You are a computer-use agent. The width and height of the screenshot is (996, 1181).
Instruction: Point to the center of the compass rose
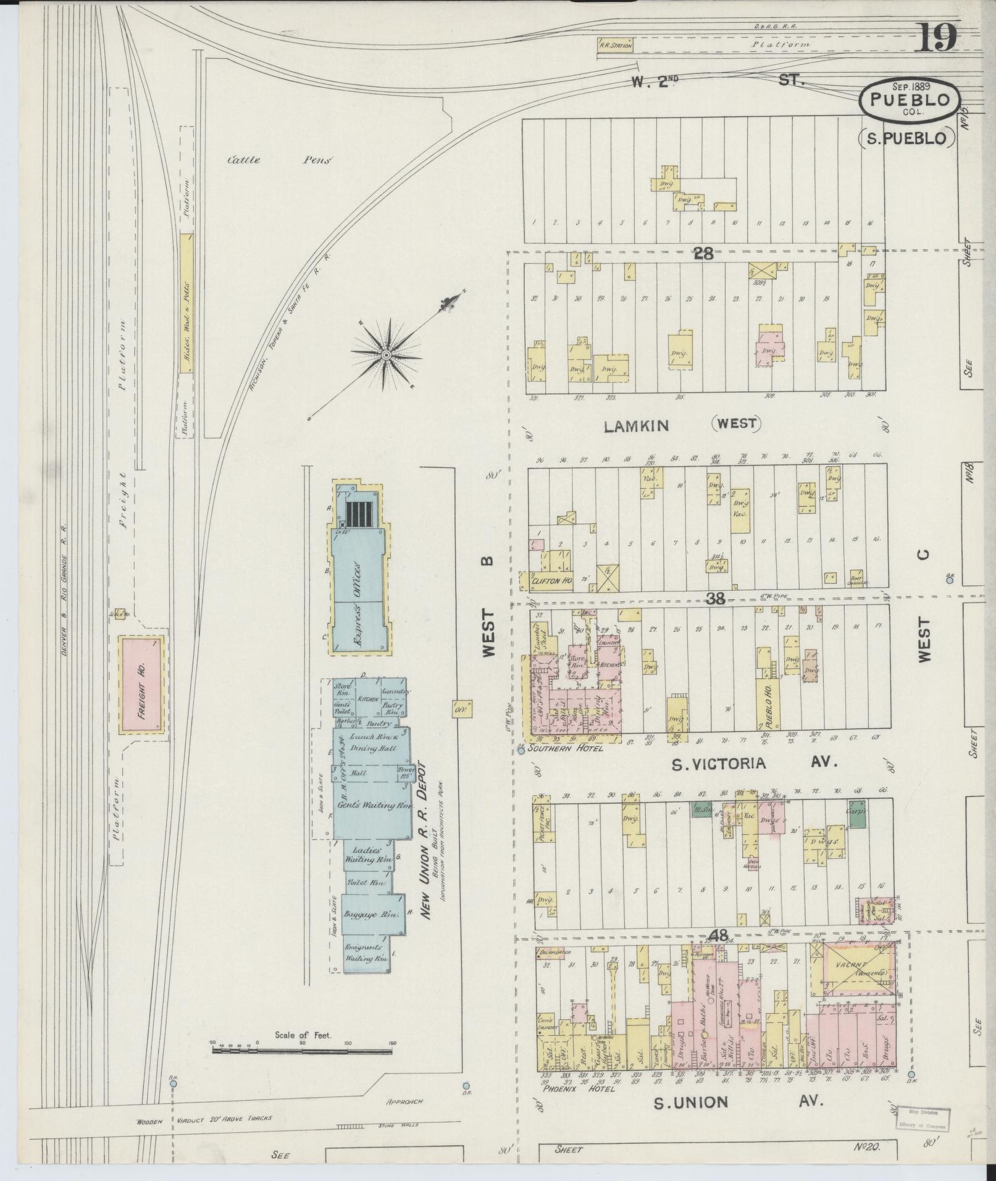point(386,354)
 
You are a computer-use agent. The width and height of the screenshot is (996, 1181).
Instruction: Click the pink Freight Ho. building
point(141,684)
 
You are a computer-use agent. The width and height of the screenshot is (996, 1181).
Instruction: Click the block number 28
point(703,252)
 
